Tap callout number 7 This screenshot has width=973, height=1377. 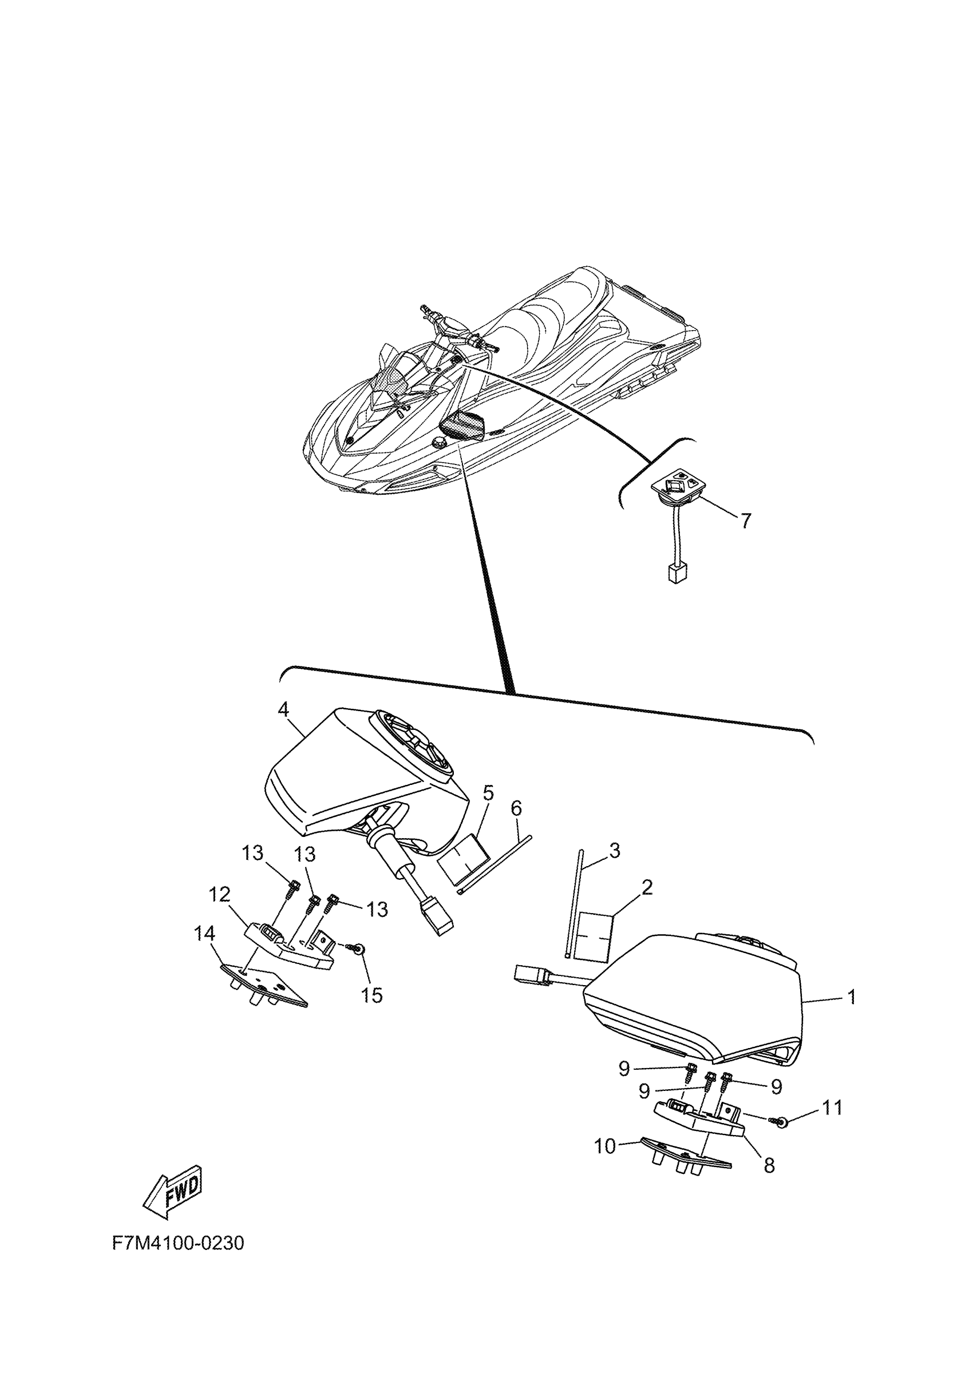point(746,521)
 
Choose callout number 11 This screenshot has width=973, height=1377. point(832,1108)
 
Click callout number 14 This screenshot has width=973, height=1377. point(203,950)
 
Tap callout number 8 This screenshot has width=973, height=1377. point(769,1165)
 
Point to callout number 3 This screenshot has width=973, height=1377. point(614,851)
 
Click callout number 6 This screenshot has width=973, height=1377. point(516,808)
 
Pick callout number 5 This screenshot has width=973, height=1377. point(488,793)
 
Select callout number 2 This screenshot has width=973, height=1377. point(647,888)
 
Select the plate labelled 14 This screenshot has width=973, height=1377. point(264,985)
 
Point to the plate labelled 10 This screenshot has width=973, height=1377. point(684,1155)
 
